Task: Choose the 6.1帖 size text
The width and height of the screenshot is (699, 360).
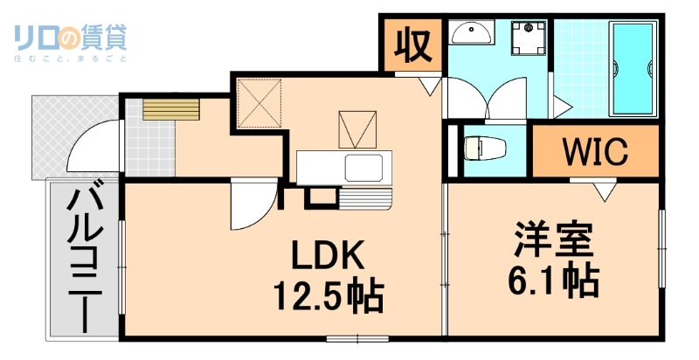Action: point(553,280)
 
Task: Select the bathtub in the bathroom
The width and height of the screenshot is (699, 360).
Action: point(632,69)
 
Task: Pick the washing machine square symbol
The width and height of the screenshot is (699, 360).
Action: point(528,38)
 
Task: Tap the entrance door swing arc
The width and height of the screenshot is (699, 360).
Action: point(92,149)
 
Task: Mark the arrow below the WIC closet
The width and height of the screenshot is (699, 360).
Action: point(603,190)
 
